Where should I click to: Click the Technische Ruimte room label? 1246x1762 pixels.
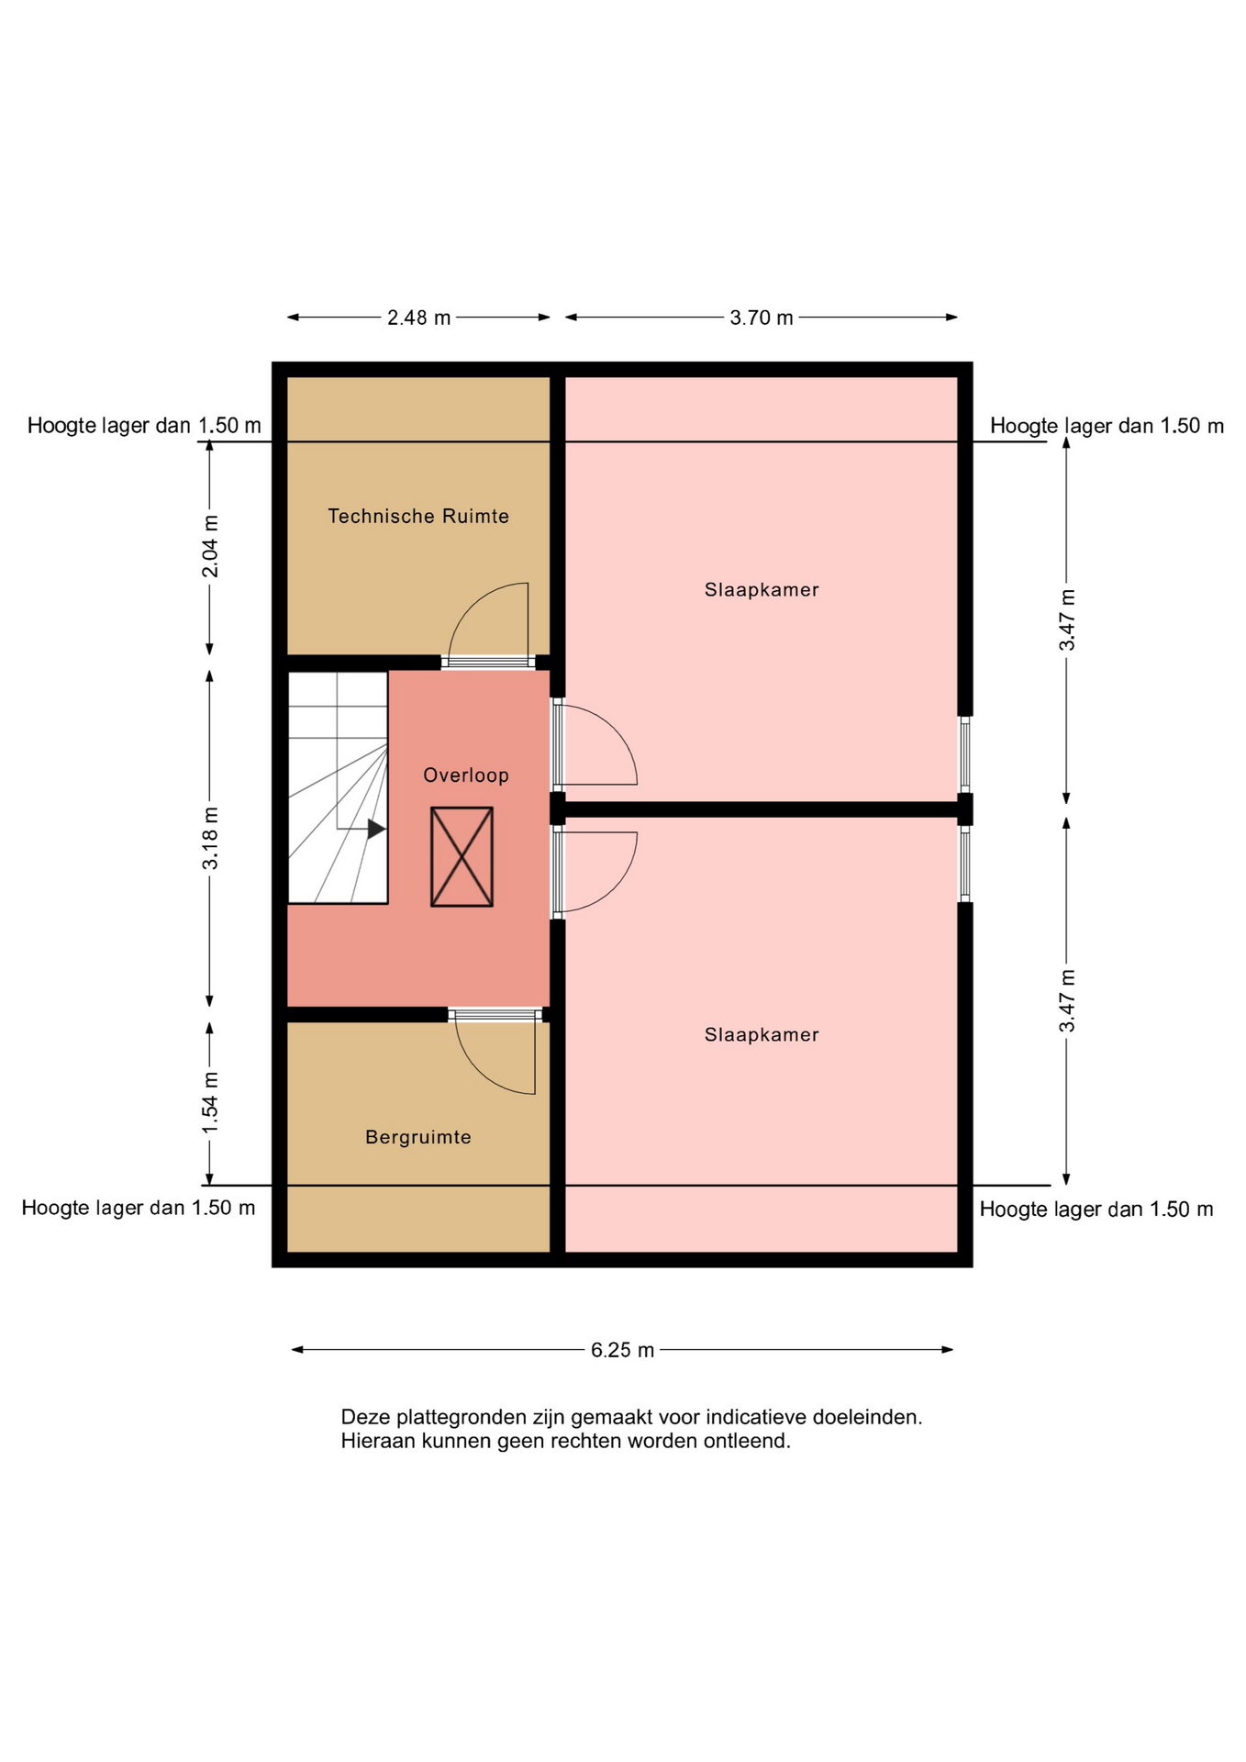tap(418, 516)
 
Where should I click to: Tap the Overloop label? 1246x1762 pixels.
tap(466, 775)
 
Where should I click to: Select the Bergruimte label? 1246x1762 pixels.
tap(418, 1137)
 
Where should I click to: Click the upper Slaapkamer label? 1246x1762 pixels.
tap(762, 590)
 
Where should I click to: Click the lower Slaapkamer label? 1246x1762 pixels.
tap(762, 1035)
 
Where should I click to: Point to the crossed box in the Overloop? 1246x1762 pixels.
tap(462, 857)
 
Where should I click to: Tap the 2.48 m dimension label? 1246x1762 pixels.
tap(419, 318)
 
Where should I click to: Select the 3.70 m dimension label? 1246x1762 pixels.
tap(762, 318)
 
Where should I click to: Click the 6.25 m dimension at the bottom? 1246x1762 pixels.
tap(623, 1350)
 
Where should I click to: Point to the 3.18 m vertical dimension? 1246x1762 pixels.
tap(211, 838)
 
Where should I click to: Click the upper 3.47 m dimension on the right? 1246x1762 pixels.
tap(1067, 621)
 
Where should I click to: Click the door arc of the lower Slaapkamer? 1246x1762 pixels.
tap(615, 886)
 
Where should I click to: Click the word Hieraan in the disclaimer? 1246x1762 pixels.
tap(377, 1441)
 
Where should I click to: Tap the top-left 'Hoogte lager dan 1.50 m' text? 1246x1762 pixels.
tap(144, 425)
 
